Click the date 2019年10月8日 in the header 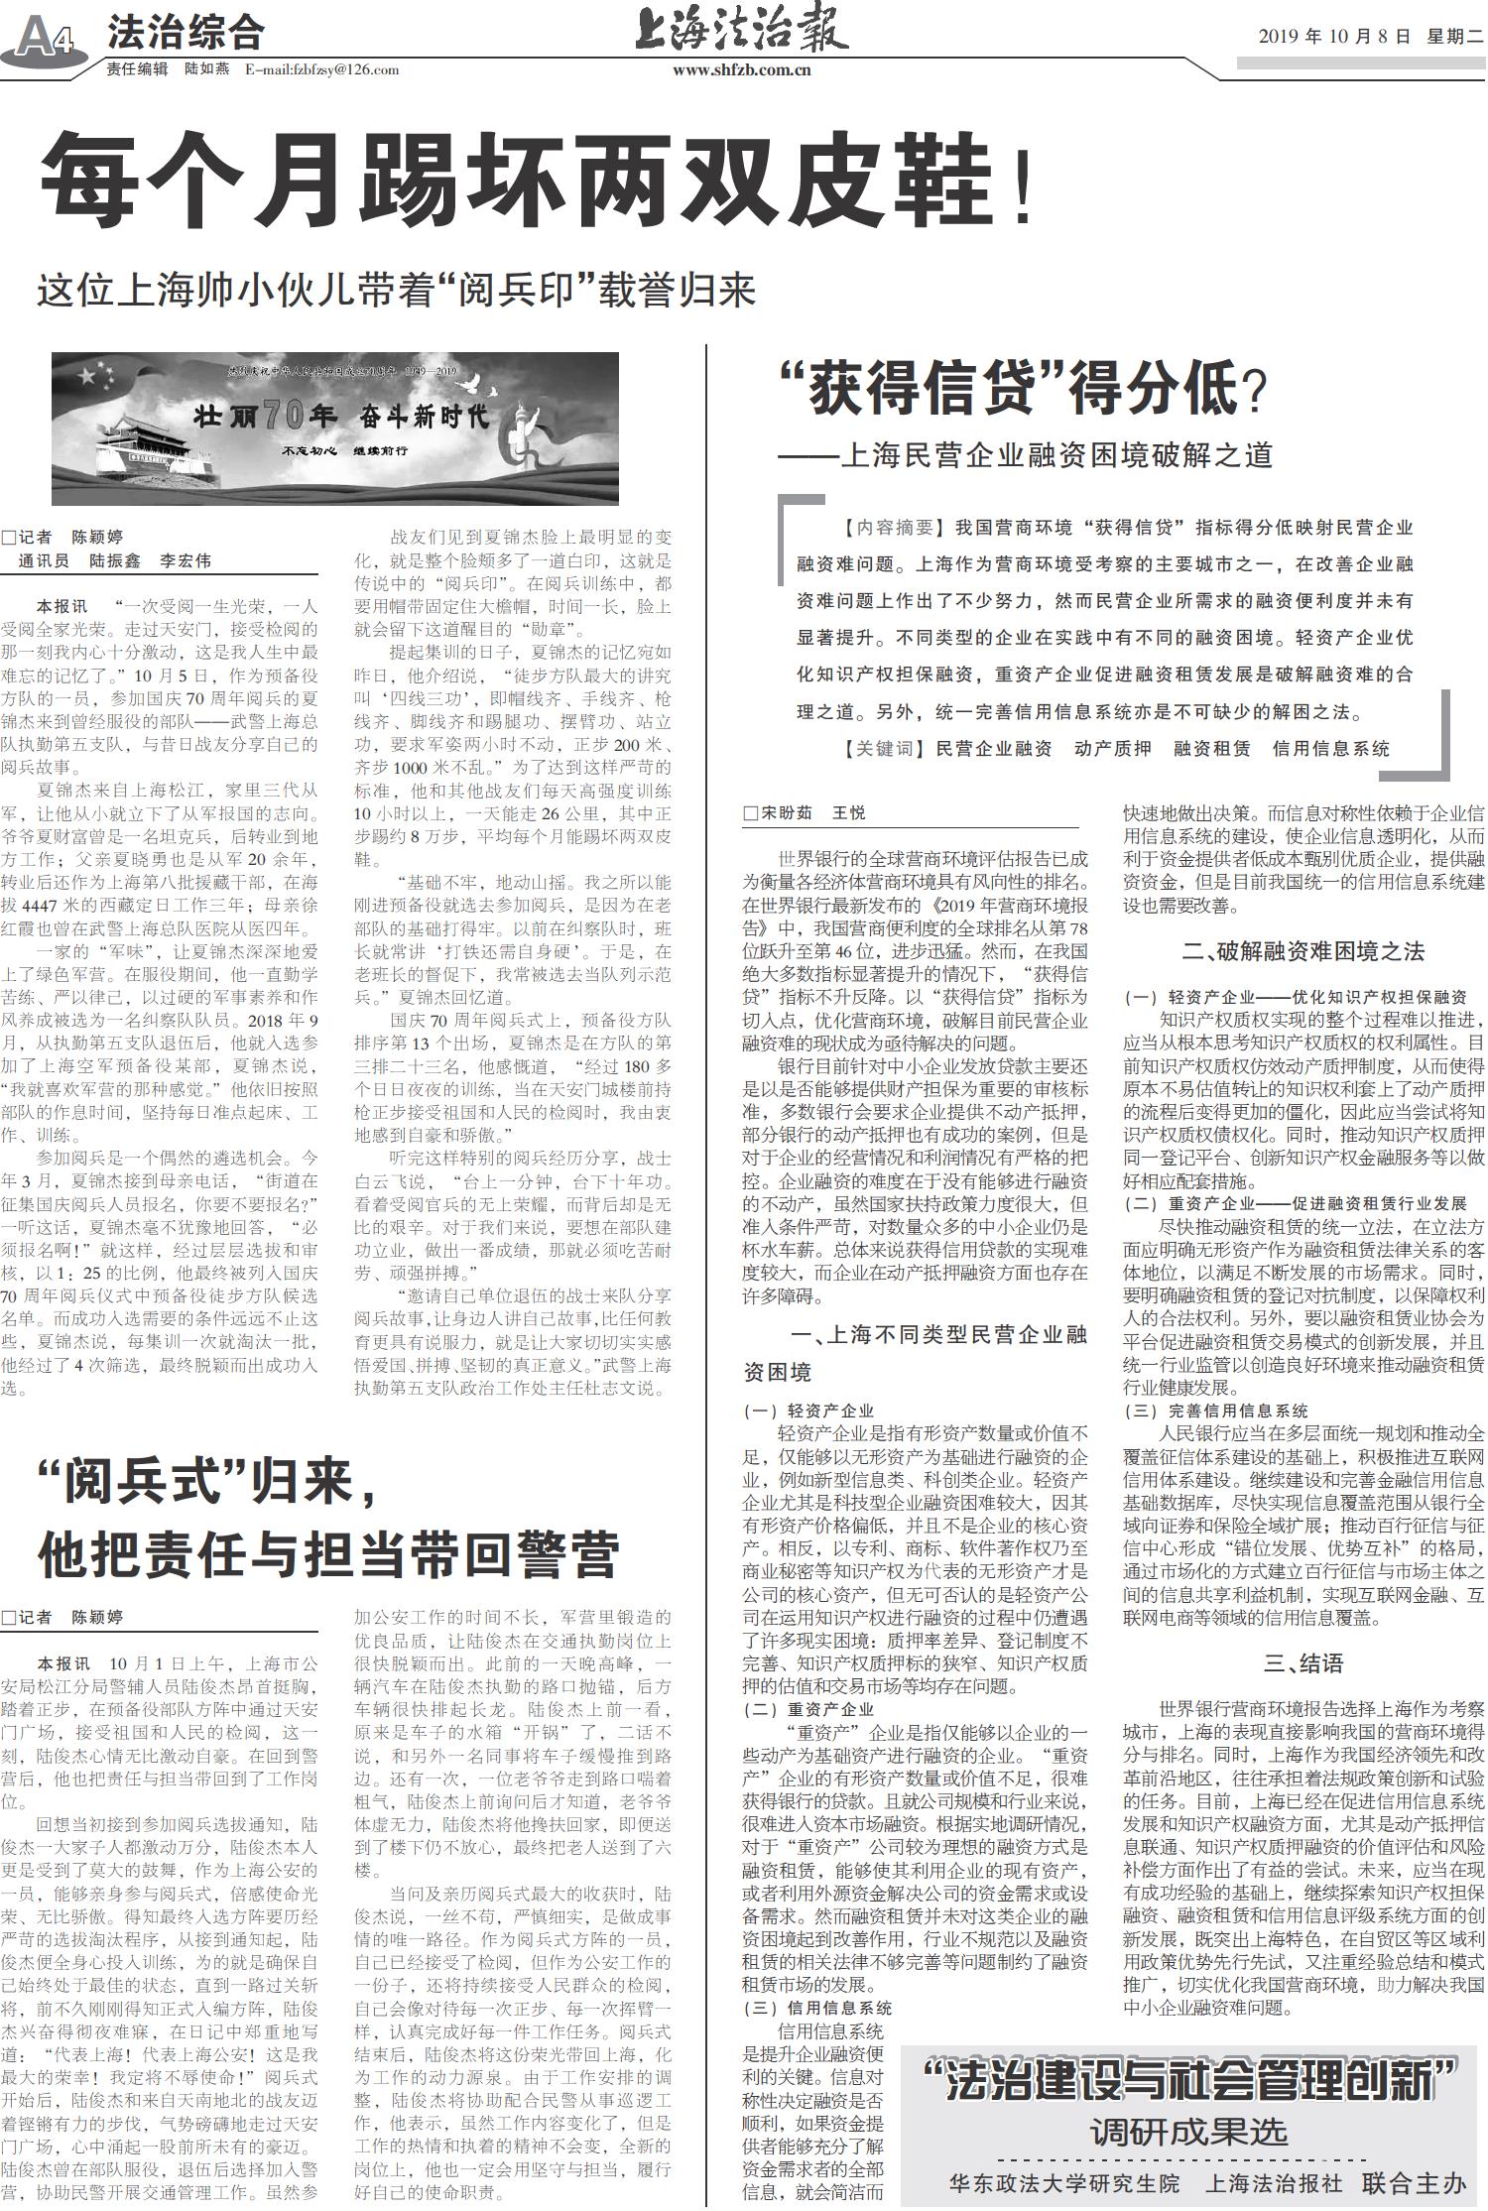(1333, 38)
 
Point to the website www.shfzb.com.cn (741, 69)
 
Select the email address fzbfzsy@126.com (321, 69)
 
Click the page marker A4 (46, 38)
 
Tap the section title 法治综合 (186, 34)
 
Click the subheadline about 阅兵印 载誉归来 (397, 291)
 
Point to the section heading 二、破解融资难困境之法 (1302, 951)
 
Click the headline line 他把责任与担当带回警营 (328, 1554)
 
